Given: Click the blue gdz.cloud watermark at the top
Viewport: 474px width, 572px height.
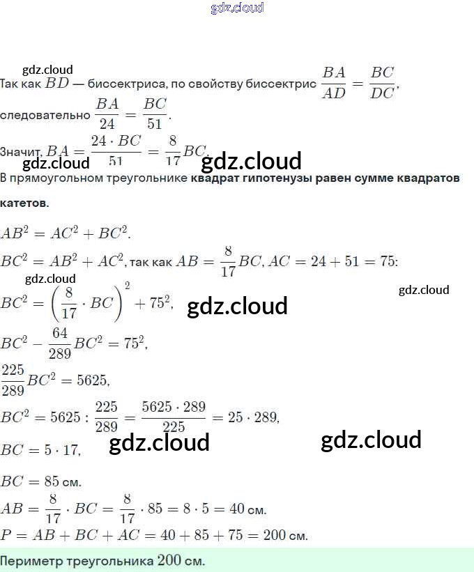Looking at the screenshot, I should click(237, 8).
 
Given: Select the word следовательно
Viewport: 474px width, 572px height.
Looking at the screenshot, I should click(45, 116).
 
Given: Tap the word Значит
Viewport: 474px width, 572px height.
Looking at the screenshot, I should click(22, 151).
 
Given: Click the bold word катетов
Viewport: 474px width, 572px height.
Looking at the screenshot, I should click(24, 203).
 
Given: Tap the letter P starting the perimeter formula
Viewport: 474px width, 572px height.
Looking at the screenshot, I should click(7, 535).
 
